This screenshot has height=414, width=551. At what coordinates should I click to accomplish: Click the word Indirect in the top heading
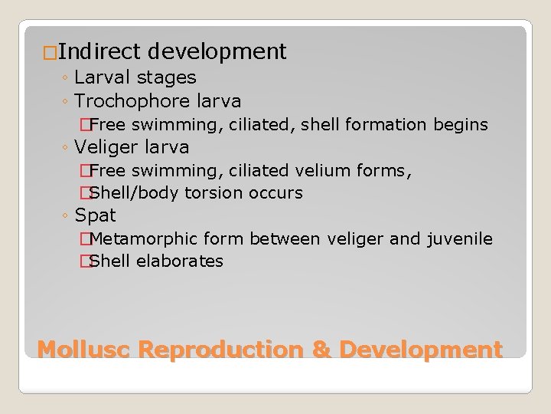99,52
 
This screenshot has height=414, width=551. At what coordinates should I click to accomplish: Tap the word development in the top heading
217,52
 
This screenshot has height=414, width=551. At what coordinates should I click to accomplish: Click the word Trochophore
130,100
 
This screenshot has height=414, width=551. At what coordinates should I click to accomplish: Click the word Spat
96,215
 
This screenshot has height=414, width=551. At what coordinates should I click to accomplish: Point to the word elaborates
180,261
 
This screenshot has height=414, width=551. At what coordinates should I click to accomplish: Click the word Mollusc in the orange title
86,350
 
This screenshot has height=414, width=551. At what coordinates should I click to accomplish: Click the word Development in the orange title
420,350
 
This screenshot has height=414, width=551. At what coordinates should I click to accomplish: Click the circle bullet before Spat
67,216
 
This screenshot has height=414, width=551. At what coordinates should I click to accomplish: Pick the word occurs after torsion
276,192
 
